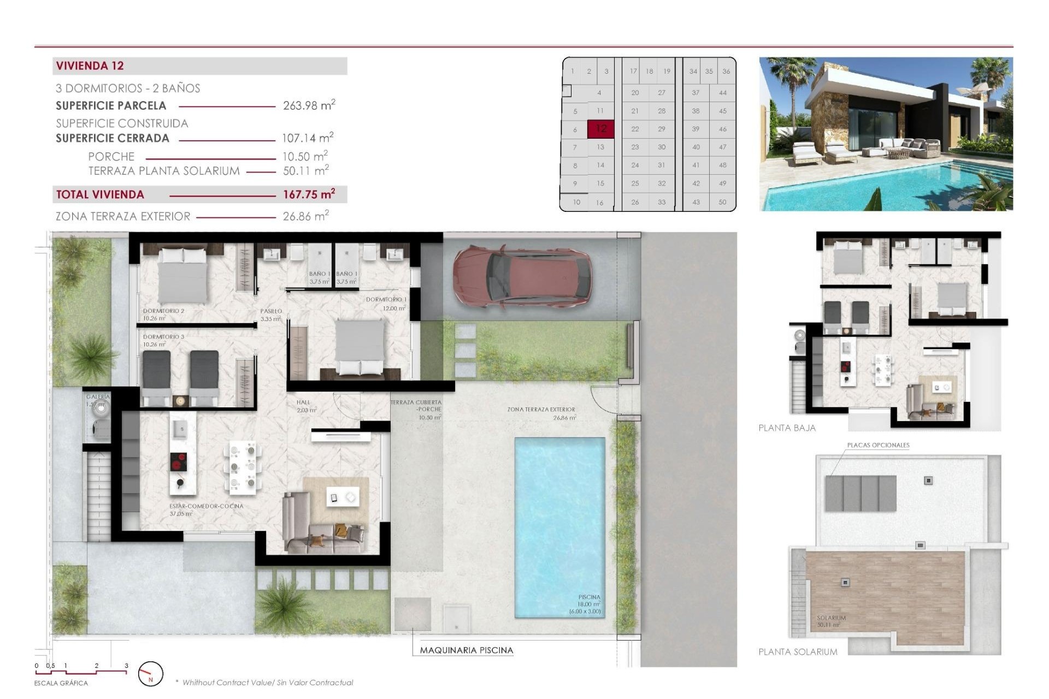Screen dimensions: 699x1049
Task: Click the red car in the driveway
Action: click(x=522, y=277)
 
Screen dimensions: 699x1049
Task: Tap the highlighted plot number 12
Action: click(x=601, y=129)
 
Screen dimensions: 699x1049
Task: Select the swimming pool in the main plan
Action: click(x=559, y=527)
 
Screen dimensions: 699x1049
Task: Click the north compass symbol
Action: click(x=151, y=674)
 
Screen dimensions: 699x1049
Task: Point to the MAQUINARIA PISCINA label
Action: click(x=466, y=650)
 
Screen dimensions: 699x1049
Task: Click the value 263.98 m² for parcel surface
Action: click(x=309, y=105)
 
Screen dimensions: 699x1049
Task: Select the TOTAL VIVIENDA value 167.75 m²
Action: click(x=309, y=194)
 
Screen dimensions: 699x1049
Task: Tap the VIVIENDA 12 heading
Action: click(x=90, y=66)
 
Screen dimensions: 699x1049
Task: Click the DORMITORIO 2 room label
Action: click(x=163, y=311)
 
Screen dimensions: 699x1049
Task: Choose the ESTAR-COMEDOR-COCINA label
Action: click(x=206, y=506)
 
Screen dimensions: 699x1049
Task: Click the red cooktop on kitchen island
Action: click(x=178, y=461)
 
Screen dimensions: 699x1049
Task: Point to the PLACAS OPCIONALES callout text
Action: click(x=878, y=445)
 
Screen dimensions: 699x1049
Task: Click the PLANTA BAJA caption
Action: click(x=787, y=428)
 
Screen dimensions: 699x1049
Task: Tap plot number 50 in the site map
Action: click(x=722, y=202)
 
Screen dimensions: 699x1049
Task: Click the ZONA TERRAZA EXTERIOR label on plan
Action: click(x=541, y=409)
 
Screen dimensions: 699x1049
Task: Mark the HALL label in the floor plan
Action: click(x=303, y=402)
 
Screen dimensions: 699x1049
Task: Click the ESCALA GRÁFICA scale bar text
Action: click(x=61, y=683)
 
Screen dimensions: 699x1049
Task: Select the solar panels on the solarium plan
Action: click(x=861, y=494)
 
